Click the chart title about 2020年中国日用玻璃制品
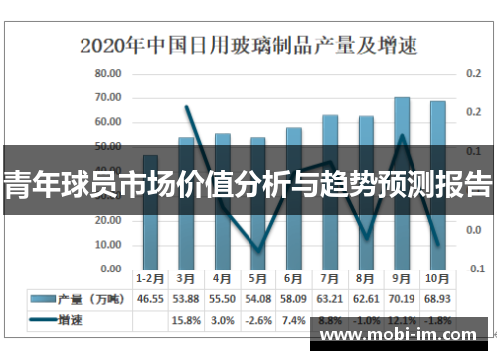point(248,45)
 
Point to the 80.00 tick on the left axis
point(108,74)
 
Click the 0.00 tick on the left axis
point(110,269)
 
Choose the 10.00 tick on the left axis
point(108,245)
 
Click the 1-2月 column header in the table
point(150,279)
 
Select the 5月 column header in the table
point(257,279)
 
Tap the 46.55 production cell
point(150,299)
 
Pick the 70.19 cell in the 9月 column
point(402,299)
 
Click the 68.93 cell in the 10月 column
point(437,299)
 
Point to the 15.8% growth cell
point(186,320)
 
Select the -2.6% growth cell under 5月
point(257,320)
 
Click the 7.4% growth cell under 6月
point(293,320)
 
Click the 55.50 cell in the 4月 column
point(222,299)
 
